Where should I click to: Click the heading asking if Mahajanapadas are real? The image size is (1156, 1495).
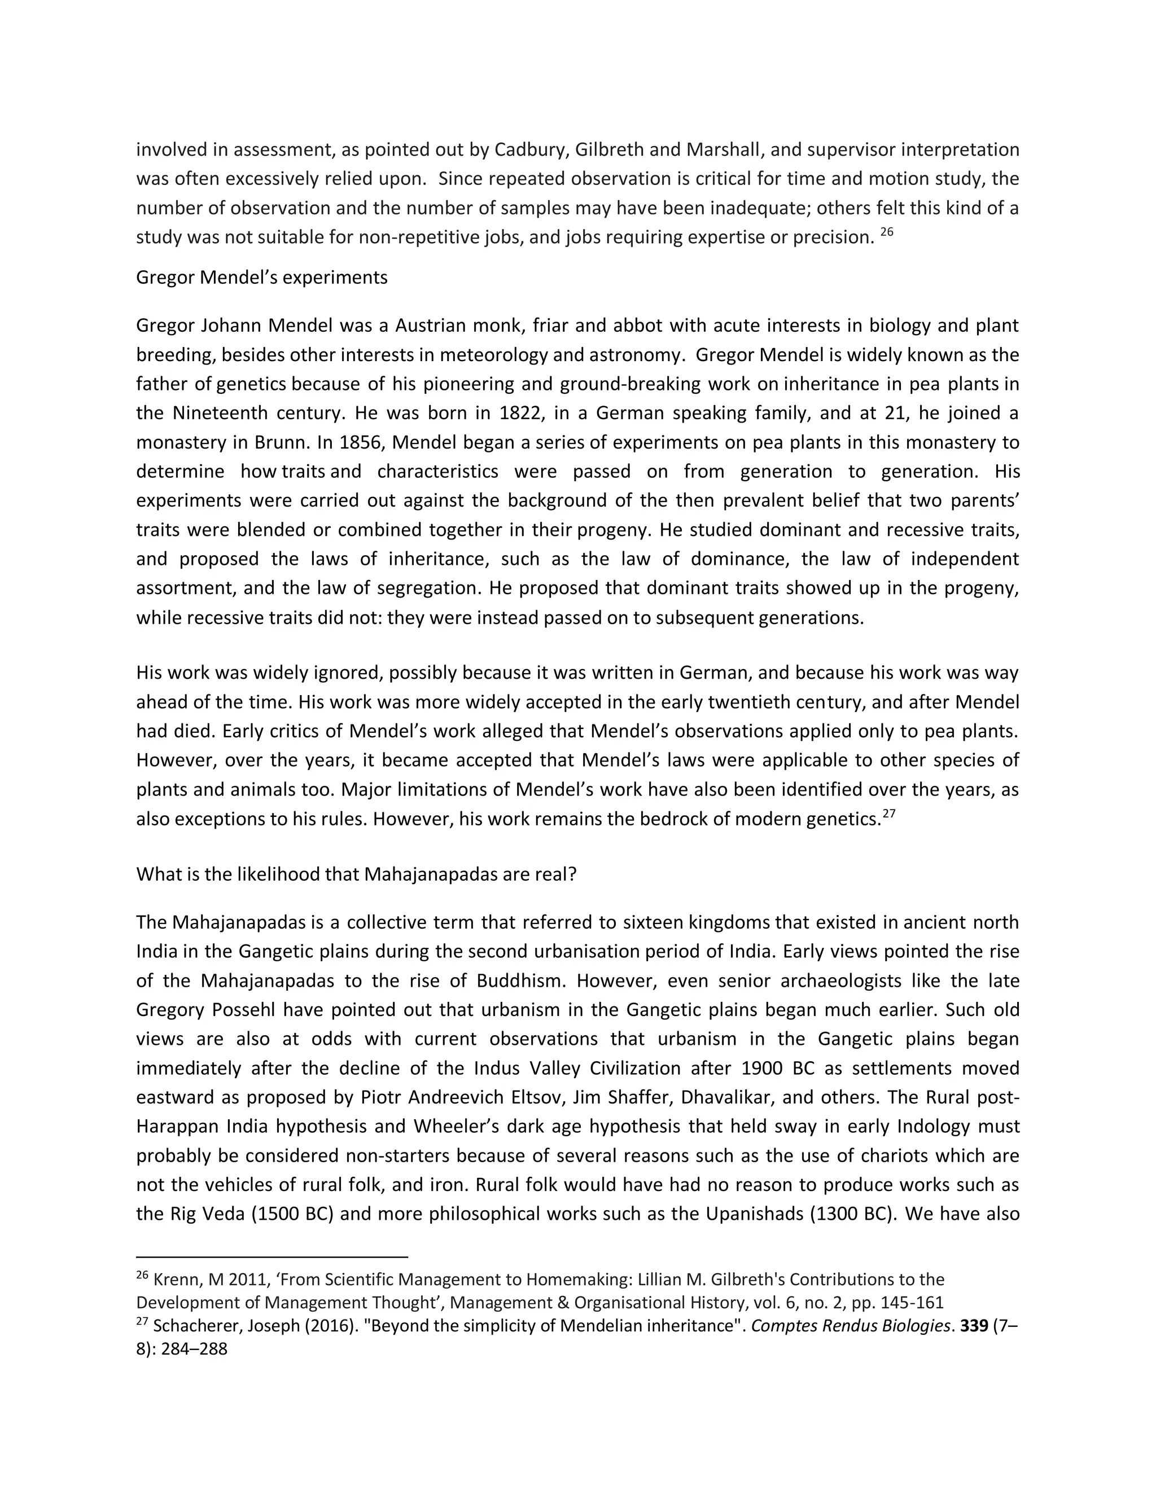[x=356, y=874]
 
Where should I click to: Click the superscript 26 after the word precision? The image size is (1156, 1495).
[x=886, y=232]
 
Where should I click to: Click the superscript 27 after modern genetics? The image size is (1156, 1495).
[x=888, y=814]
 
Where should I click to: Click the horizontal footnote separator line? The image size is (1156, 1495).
[x=272, y=1257]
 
